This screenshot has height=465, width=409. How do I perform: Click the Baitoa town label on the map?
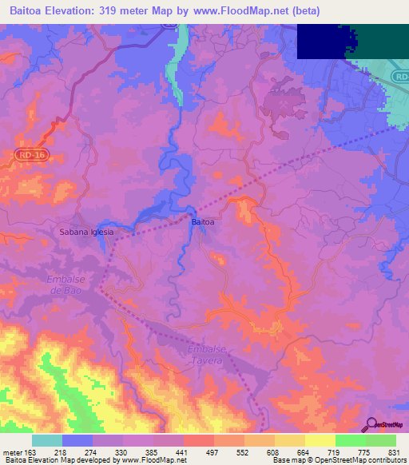pyautogui.click(x=203, y=221)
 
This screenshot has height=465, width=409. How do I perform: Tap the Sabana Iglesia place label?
pyautogui.click(x=87, y=232)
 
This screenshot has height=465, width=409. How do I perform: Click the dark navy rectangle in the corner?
pyautogui.click(x=323, y=41)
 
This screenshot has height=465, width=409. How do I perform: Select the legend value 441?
pyautogui.click(x=181, y=452)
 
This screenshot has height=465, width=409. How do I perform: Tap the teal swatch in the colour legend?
pyautogui.click(x=47, y=440)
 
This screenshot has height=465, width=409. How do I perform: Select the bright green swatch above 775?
pyautogui.click(x=351, y=440)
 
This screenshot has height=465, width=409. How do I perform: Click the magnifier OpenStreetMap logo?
pyautogui.click(x=372, y=424)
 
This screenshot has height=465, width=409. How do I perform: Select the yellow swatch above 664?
pyautogui.click(x=290, y=440)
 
